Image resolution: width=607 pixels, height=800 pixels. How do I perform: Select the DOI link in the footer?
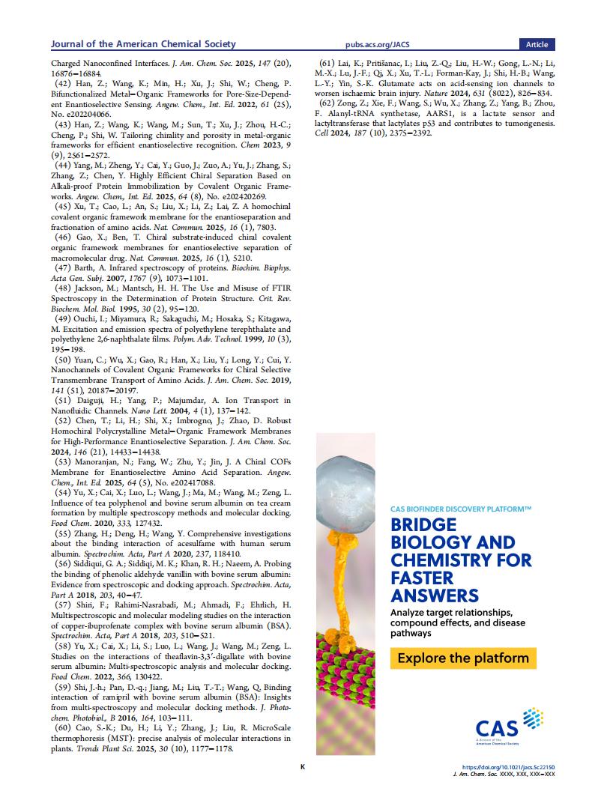(x=510, y=767)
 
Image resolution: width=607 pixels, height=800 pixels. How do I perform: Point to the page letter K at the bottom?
(x=303, y=767)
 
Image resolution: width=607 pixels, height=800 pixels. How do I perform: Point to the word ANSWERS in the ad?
(x=435, y=596)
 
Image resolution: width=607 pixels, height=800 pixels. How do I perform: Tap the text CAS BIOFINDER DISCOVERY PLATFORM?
(x=461, y=509)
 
